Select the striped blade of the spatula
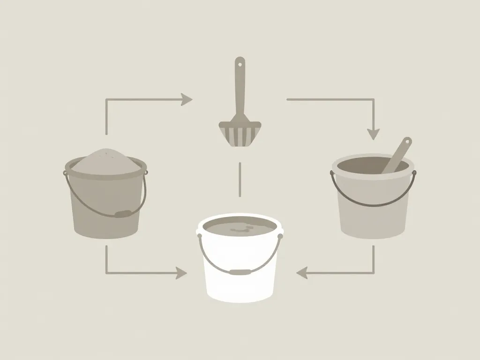tap(240, 134)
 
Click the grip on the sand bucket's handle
tap(123, 214)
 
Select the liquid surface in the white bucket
tap(239, 228)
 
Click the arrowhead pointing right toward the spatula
tap(187, 99)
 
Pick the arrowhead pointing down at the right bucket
tap(373, 134)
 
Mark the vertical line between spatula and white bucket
tap(240, 179)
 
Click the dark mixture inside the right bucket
tap(361, 165)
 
